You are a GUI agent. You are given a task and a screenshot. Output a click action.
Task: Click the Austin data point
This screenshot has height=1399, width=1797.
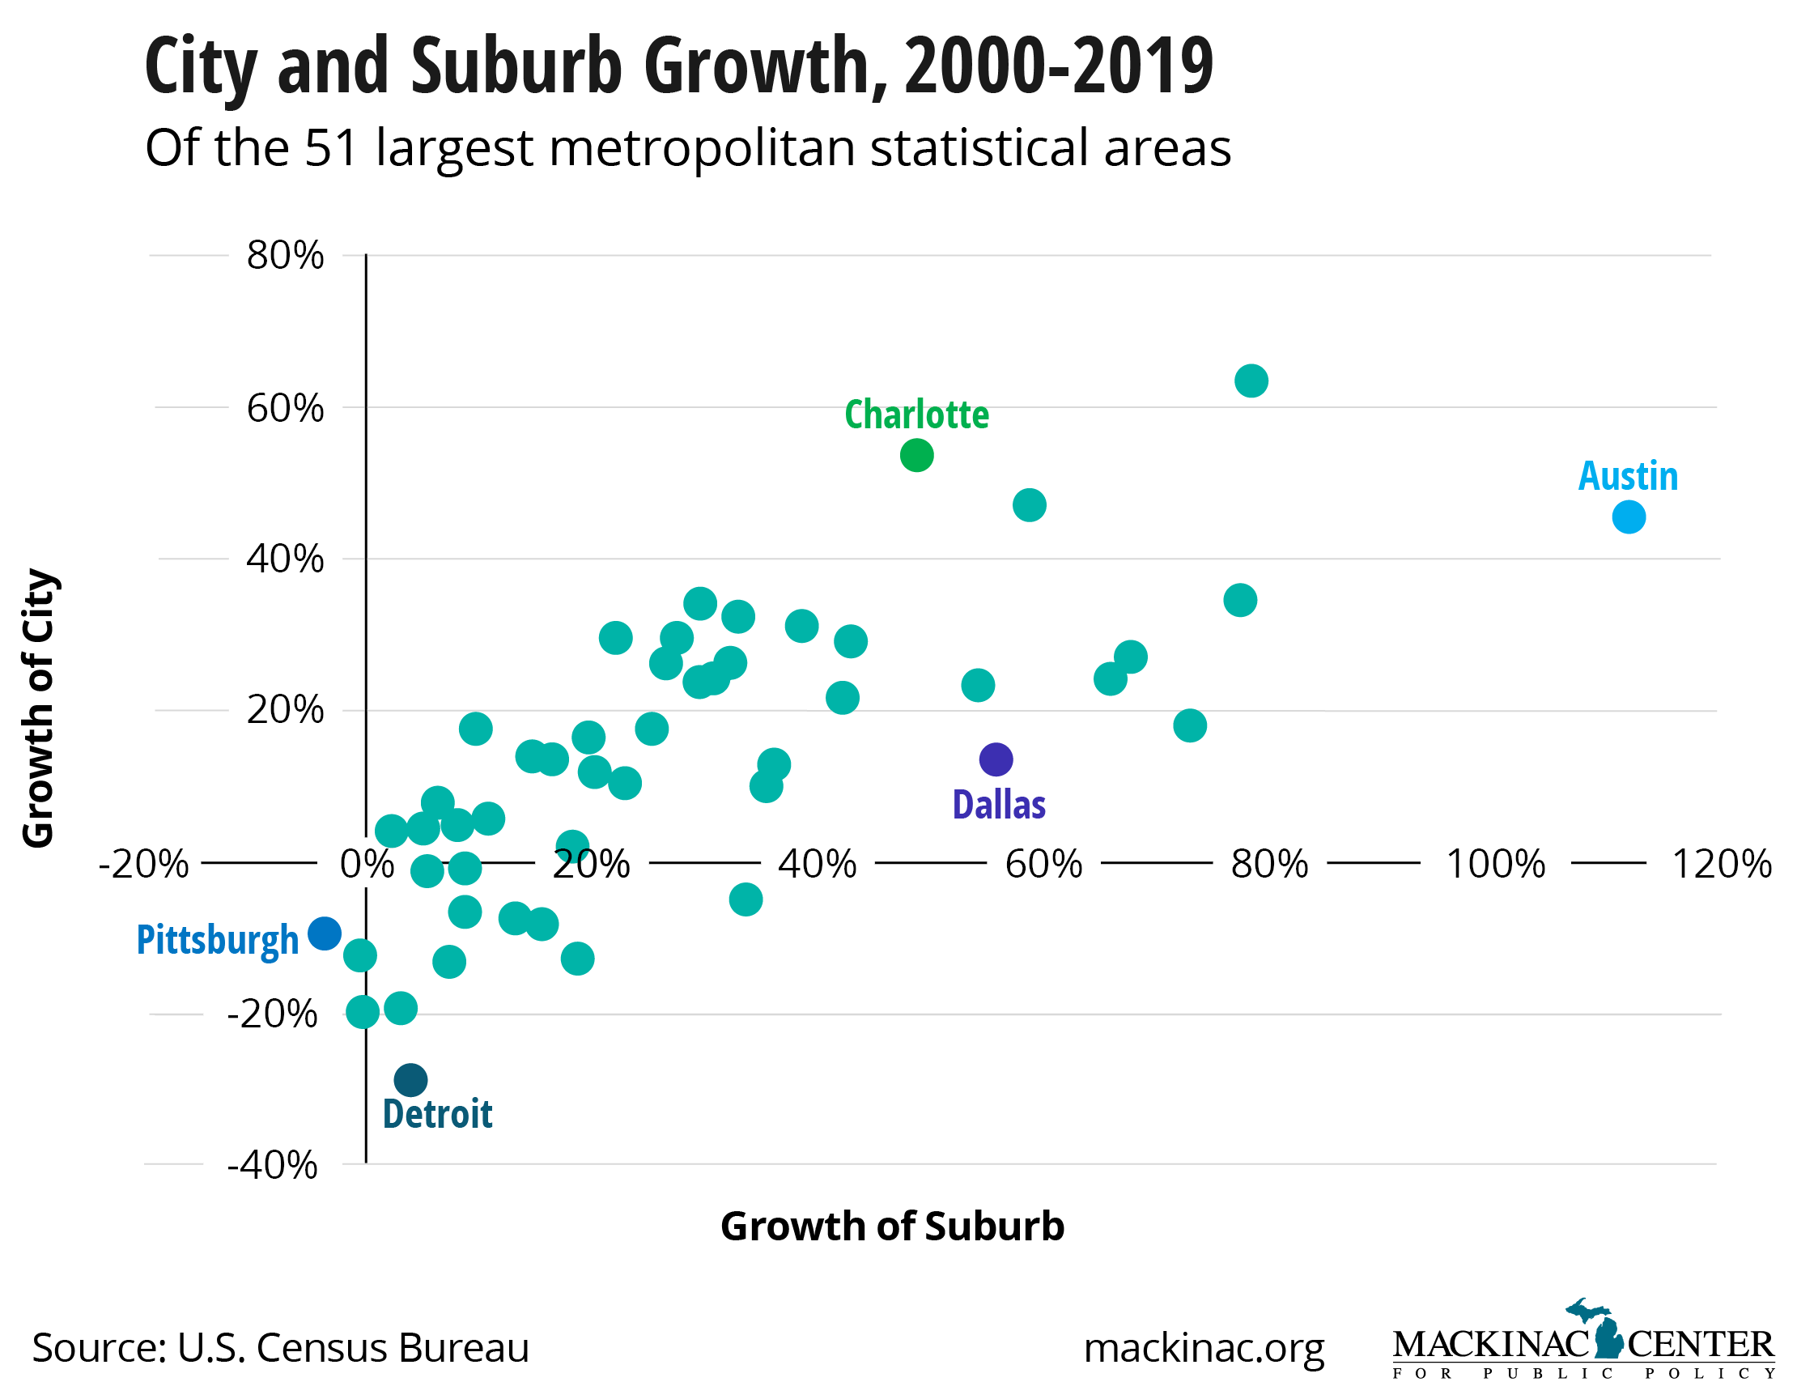point(1629,517)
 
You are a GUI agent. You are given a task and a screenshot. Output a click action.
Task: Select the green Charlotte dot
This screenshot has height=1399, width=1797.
point(916,455)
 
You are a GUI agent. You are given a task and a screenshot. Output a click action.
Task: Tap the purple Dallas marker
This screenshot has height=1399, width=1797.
point(996,759)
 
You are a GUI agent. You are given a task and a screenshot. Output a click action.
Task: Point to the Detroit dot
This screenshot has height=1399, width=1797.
point(410,1080)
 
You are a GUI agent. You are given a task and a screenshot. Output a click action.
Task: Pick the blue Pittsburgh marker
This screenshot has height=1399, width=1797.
point(324,933)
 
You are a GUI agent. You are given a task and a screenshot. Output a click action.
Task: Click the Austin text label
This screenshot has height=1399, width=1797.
point(1628,477)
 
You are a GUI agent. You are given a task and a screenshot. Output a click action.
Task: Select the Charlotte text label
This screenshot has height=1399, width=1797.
point(916,415)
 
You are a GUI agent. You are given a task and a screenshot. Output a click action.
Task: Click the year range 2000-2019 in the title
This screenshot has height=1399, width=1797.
point(1058,66)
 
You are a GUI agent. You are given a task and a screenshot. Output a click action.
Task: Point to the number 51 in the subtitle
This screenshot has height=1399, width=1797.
point(332,148)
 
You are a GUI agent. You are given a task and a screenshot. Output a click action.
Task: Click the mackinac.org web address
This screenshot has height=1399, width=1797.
point(1204,1347)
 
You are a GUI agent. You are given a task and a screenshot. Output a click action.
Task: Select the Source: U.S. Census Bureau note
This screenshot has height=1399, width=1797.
point(280,1348)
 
